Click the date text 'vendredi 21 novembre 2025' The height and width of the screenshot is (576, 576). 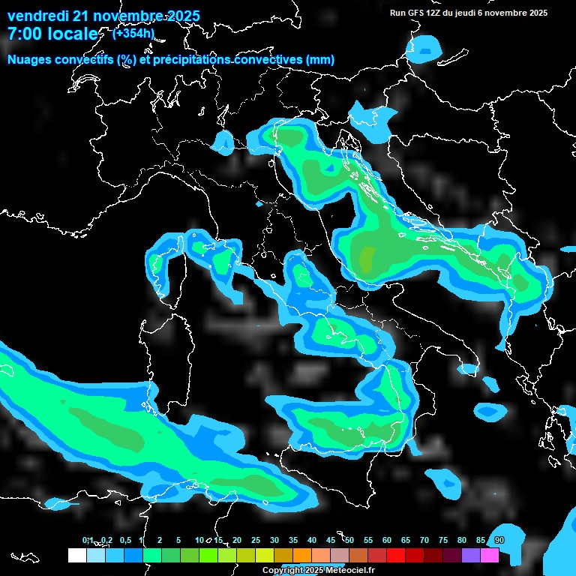coord(103,16)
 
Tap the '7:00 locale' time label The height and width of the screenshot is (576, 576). coord(52,34)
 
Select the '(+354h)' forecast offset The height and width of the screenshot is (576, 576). coord(133,33)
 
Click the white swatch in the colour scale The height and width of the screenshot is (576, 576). coord(76,556)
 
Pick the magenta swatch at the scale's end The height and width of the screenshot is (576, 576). coord(490,556)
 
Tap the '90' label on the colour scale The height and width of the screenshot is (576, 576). coord(499,540)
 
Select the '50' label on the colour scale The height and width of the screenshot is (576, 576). coord(349,540)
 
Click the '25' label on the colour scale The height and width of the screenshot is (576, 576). coord(256,540)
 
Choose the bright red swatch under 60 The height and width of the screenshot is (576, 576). coord(396,556)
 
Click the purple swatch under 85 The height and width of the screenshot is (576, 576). coord(471,556)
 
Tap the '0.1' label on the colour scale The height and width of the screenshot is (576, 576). coord(88,540)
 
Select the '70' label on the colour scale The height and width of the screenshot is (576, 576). coord(424,540)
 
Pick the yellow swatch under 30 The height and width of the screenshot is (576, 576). coord(265,556)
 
